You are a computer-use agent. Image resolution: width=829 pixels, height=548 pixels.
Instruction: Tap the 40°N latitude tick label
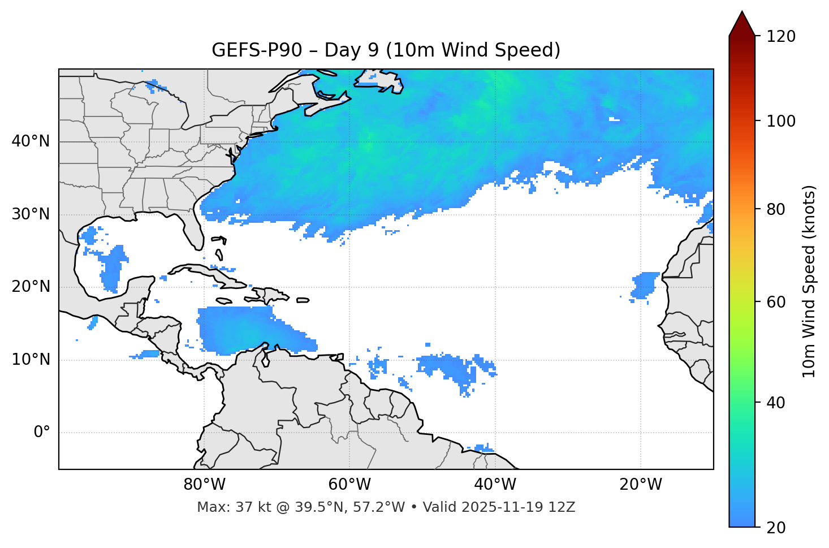pos(31,141)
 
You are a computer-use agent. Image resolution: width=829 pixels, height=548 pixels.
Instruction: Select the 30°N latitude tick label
pos(31,214)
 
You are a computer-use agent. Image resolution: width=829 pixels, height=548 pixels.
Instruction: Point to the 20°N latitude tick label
pos(31,287)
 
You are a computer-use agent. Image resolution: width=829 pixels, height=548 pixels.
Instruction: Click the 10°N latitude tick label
pos(31,360)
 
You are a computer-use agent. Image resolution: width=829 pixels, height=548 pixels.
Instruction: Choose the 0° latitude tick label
pos(42,433)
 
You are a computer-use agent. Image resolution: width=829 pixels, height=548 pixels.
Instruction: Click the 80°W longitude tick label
pos(204,485)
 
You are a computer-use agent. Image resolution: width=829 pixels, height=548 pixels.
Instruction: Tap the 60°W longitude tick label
pos(349,485)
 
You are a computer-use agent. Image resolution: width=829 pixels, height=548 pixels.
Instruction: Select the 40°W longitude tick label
pos(495,485)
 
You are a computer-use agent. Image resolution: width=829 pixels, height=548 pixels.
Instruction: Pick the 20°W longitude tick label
pos(640,485)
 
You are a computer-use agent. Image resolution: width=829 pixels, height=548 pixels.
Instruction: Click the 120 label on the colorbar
pos(780,37)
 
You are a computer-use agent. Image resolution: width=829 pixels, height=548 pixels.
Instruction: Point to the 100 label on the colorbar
pos(780,121)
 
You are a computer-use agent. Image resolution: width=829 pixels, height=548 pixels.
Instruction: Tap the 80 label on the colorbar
pos(776,209)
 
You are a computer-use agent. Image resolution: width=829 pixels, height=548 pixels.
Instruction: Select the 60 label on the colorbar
pos(776,302)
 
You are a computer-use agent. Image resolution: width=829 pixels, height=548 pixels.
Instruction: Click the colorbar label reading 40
pos(776,403)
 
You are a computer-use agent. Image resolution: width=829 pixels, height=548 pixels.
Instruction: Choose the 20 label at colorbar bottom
pos(776,528)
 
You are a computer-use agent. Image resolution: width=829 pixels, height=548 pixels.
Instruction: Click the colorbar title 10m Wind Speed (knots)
pos(809,281)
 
